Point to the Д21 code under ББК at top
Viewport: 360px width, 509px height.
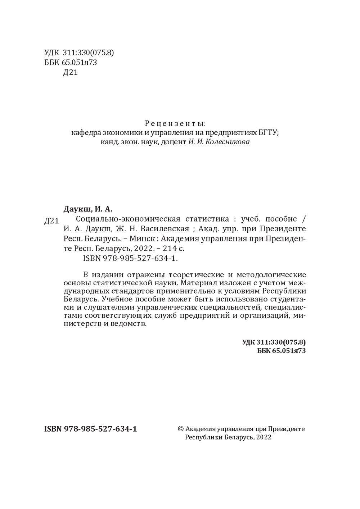70,73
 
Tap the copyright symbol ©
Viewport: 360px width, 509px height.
181,429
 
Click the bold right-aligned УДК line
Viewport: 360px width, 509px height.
274,342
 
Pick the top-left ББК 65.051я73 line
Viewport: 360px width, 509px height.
71,63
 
